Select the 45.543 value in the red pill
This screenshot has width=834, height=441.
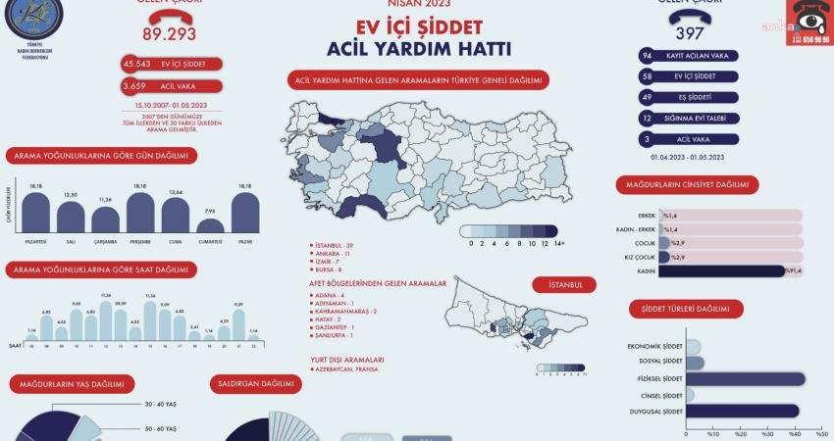(137, 64)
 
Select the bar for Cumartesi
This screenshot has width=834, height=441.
(210, 225)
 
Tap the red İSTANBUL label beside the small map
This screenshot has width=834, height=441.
(564, 284)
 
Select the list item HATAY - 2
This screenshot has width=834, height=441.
(330, 319)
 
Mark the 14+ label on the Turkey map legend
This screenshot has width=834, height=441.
(558, 243)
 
